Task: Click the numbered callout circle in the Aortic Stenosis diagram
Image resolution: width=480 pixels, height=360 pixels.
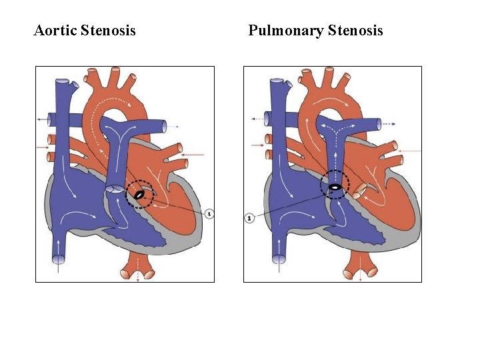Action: click(209, 214)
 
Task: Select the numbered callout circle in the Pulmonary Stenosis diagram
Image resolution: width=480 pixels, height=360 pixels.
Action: click(249, 217)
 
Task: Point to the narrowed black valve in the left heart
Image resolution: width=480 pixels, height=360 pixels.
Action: click(139, 195)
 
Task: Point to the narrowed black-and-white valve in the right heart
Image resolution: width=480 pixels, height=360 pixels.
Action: click(333, 187)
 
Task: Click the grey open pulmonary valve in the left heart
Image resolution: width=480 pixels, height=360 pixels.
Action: click(114, 190)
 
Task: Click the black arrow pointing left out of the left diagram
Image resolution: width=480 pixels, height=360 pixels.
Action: click(45, 118)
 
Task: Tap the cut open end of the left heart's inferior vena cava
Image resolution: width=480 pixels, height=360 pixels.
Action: click(59, 259)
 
